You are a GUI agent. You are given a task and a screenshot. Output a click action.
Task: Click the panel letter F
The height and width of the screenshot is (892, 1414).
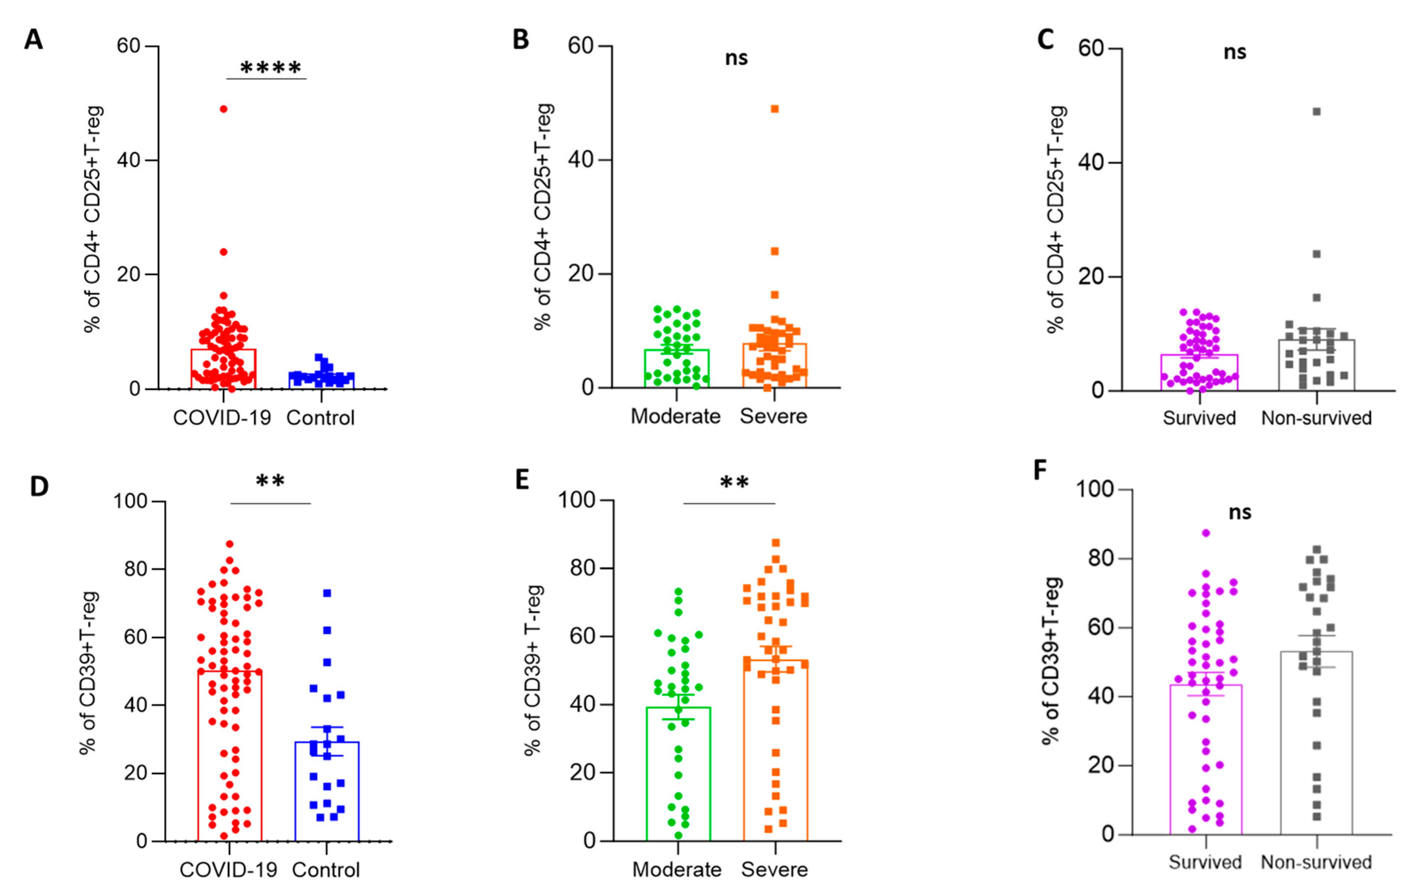tap(1040, 470)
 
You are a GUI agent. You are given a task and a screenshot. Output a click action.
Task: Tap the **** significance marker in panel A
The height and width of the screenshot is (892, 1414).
tap(271, 69)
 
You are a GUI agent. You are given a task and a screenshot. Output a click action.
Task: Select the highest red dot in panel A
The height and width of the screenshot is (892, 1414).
tap(223, 109)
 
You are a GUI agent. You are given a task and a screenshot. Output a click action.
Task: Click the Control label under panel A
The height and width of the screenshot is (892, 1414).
tap(321, 418)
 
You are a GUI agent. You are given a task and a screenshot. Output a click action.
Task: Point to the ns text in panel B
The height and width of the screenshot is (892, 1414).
tap(736, 58)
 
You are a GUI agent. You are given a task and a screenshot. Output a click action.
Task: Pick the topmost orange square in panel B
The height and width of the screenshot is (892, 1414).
tap(775, 109)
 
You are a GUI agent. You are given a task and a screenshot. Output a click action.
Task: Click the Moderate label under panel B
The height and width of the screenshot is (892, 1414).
tap(675, 416)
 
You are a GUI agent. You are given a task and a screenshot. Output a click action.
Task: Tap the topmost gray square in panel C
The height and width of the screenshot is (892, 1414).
tap(1316, 112)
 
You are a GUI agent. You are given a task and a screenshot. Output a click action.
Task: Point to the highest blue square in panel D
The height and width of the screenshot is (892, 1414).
tap(327, 593)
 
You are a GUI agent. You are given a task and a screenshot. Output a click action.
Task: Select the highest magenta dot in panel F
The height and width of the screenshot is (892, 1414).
tap(1205, 533)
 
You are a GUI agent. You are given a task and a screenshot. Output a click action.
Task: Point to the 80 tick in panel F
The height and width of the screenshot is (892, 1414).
tap(1101, 558)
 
